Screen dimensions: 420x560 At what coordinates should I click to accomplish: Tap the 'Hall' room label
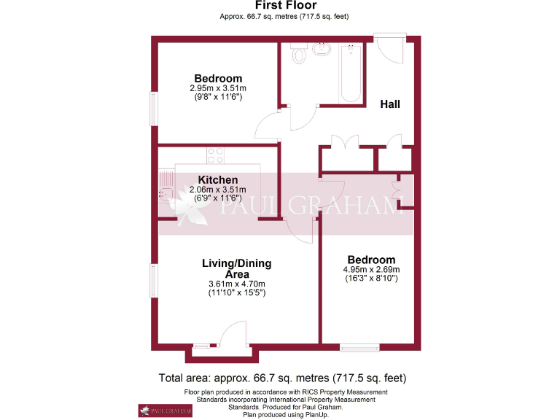pos(390,104)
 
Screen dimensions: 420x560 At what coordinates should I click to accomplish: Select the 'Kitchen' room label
pos(217,180)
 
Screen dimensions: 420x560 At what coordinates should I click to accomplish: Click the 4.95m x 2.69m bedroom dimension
pos(371,269)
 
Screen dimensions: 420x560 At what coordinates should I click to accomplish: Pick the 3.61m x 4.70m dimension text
pos(236,284)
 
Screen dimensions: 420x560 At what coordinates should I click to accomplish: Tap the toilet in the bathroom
pos(298,54)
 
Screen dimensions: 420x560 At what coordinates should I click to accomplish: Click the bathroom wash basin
pos(321,50)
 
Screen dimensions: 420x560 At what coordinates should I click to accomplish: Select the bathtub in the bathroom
pos(351,73)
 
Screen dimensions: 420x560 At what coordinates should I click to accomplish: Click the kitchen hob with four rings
pos(215,155)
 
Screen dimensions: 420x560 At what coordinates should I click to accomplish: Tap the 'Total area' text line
pos(282,378)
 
